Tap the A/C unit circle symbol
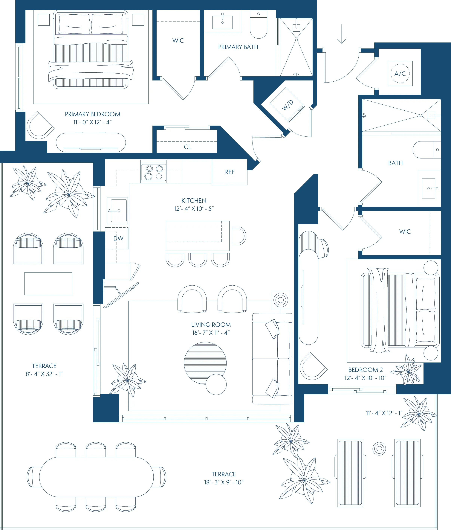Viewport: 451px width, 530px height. click(400, 73)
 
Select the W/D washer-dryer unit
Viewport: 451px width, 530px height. click(287, 105)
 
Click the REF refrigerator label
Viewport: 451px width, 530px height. click(230, 172)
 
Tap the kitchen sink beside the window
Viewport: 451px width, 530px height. click(117, 211)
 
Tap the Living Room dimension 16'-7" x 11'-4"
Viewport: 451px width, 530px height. click(211, 333)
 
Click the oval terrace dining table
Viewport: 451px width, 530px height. click(96, 477)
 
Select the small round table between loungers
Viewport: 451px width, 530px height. click(379, 448)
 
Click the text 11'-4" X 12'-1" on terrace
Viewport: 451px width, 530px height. click(384, 413)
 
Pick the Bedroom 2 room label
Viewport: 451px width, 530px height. click(365, 370)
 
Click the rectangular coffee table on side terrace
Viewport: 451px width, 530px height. click(48, 284)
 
